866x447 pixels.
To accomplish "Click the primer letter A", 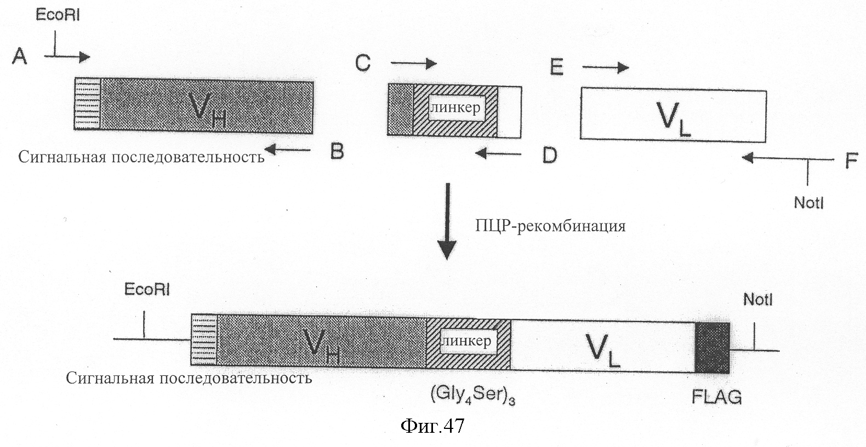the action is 20,56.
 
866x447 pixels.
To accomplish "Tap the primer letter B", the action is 337,151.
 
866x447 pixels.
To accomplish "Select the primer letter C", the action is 363,63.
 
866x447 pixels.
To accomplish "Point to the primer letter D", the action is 549,155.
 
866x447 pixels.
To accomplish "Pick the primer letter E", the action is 557,67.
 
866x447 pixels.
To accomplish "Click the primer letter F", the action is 851,160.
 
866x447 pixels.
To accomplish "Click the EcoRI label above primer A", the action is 58,15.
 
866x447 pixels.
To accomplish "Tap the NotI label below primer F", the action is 809,203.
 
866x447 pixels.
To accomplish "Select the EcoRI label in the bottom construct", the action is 147,289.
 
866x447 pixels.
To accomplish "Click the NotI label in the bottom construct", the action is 757,300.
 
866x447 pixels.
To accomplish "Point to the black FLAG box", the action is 712,348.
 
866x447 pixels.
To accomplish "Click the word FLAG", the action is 716,397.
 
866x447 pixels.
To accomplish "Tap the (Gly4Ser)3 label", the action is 472,395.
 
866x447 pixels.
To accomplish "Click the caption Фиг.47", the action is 432,426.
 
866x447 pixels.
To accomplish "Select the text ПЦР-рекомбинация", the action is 550,226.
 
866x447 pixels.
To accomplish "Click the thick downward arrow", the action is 447,221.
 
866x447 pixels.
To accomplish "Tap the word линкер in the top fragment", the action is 456,108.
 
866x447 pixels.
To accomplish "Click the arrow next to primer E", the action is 606,67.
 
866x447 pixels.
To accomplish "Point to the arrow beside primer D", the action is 498,154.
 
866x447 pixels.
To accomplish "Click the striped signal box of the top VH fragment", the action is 87,104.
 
